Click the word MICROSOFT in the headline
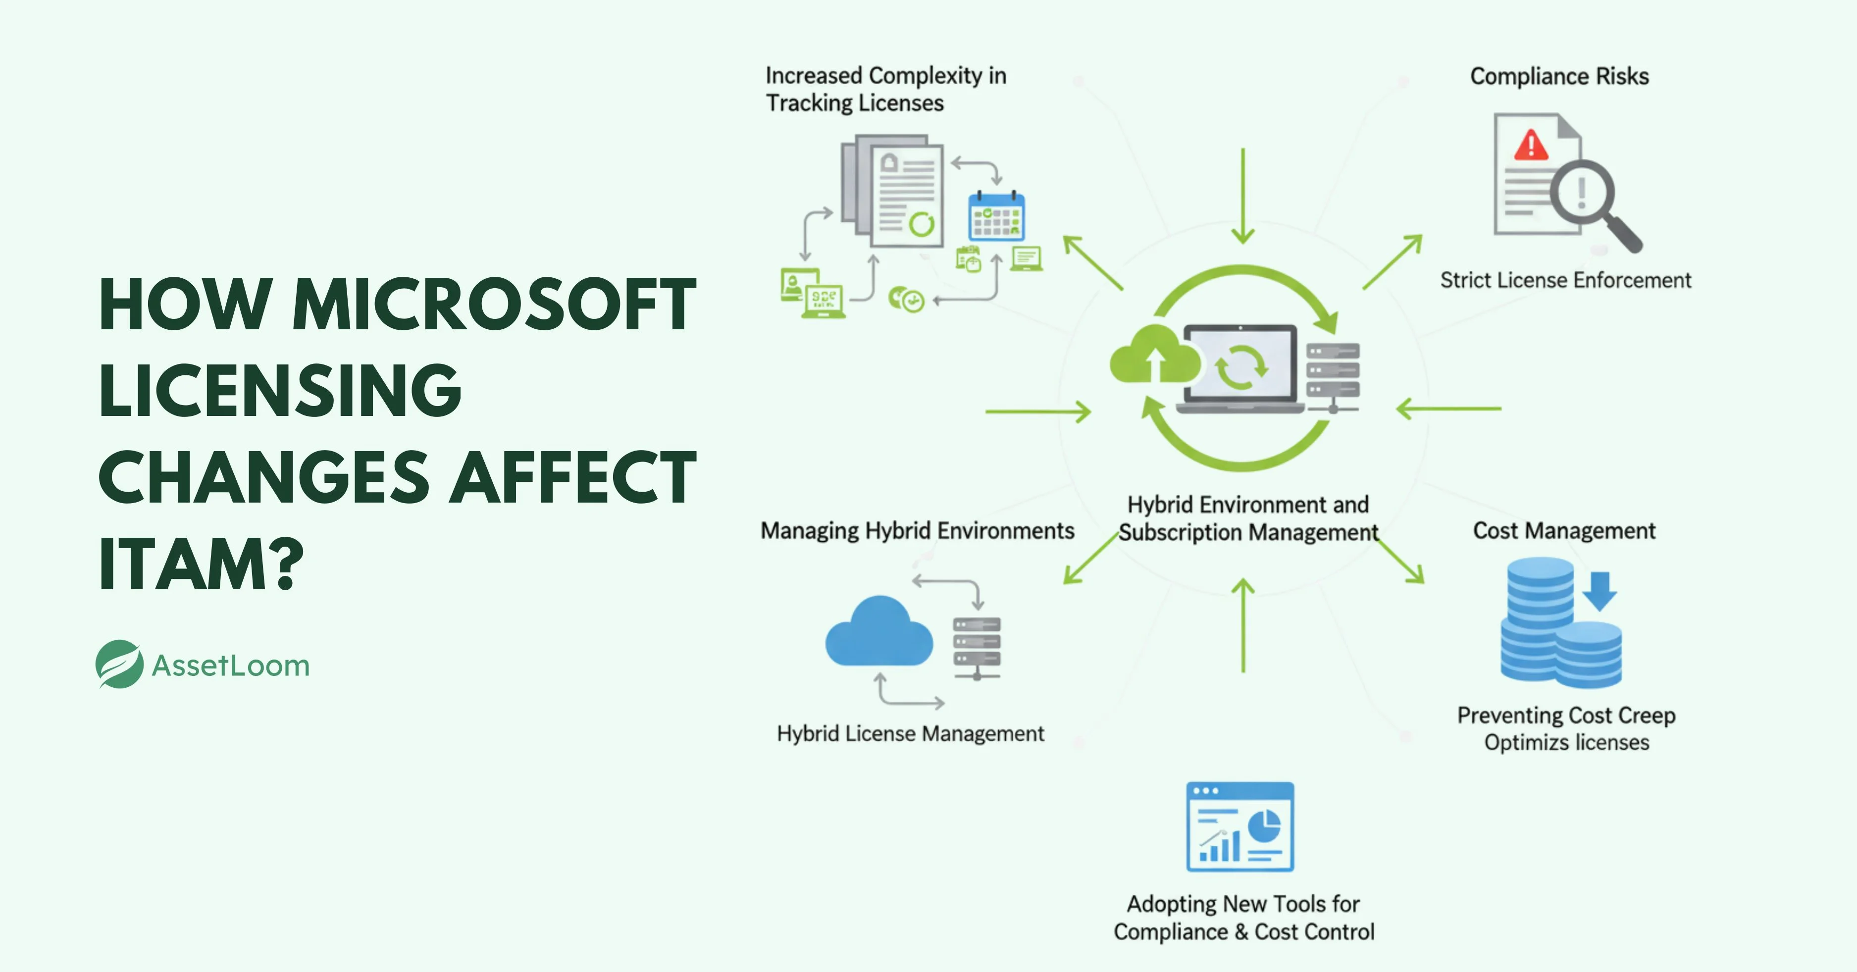coord(494,306)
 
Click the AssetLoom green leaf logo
coord(119,664)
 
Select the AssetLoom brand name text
coord(231,665)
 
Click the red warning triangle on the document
coord(1531,146)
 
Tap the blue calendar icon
coord(996,216)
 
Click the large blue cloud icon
coord(879,633)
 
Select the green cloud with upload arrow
coord(1153,356)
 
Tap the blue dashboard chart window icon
coord(1240,827)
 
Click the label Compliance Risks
coord(1559,76)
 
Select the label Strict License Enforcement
coord(1565,280)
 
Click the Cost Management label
coord(1564,531)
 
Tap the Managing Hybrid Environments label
coord(917,531)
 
